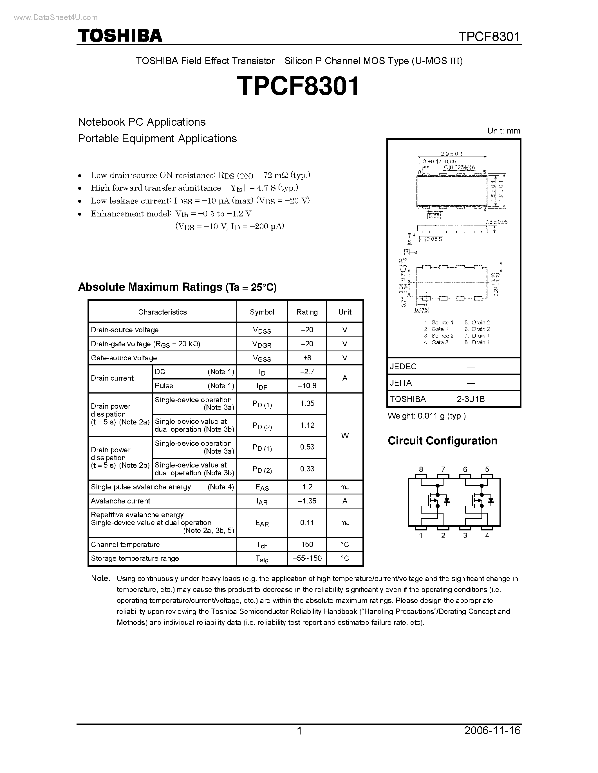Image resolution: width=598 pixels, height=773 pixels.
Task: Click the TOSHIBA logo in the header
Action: coord(120,36)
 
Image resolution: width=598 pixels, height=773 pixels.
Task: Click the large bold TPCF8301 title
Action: coord(299,86)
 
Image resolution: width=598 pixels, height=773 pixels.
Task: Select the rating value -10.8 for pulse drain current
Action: coord(307,386)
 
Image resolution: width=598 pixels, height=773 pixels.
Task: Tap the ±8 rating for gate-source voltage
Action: coord(307,358)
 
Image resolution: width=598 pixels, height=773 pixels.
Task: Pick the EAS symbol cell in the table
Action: coord(262,487)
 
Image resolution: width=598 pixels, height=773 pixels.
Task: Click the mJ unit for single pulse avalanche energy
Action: coord(345,487)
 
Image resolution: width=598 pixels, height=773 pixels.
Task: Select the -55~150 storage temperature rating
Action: coord(307,558)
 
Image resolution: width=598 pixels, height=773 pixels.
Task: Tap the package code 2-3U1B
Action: coord(471,399)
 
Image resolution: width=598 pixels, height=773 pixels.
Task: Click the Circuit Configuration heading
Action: coord(442,441)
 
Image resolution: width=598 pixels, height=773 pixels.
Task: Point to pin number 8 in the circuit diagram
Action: coord(421,469)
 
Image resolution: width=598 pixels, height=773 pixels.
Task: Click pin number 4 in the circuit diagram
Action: coord(487,535)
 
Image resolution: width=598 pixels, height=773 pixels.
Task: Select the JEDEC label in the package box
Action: coord(403,366)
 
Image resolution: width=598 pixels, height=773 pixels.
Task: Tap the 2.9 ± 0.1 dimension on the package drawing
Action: coord(452,153)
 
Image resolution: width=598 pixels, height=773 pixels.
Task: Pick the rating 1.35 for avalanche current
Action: coord(307,501)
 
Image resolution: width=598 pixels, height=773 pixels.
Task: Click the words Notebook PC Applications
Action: coord(142,122)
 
